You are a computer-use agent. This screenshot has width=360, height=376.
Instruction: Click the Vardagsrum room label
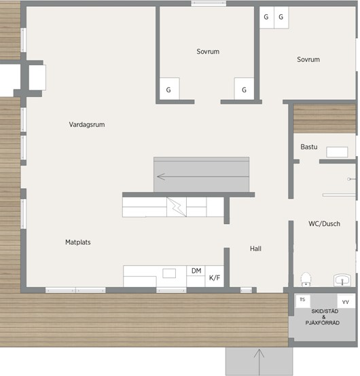[x=87, y=125]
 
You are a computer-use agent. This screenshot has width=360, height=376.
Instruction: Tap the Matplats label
[x=78, y=242]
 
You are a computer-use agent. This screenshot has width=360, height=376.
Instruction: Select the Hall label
[x=255, y=248]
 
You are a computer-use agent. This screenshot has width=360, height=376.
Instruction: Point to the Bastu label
[x=309, y=147]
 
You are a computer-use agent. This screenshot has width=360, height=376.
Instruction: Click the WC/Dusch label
[x=324, y=224]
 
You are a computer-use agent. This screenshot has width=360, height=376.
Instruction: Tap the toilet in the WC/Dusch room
[x=306, y=279]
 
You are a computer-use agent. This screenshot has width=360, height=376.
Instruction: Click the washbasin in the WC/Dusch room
[x=342, y=280]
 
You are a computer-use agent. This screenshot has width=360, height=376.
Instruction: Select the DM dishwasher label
[x=196, y=271]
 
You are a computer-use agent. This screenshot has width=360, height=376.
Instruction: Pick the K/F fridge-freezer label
[x=215, y=278]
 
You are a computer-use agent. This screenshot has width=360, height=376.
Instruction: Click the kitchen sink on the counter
[x=169, y=274]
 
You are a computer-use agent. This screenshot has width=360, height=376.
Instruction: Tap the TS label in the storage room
[x=302, y=299]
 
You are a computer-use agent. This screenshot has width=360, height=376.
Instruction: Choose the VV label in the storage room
[x=345, y=302]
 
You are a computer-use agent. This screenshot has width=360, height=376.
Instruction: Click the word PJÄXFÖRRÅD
[x=323, y=323]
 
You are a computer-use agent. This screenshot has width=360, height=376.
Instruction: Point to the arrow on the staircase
[x=203, y=176]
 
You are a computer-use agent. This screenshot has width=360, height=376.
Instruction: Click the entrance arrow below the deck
[x=259, y=362]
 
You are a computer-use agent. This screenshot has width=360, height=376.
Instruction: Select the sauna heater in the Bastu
[x=337, y=152]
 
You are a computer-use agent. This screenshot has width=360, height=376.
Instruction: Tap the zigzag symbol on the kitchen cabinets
[x=177, y=207]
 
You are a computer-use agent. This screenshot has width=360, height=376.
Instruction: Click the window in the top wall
[x=209, y=3]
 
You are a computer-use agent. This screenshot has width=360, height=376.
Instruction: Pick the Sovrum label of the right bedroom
[x=308, y=60]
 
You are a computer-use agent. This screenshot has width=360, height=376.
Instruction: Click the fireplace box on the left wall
[x=37, y=77]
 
